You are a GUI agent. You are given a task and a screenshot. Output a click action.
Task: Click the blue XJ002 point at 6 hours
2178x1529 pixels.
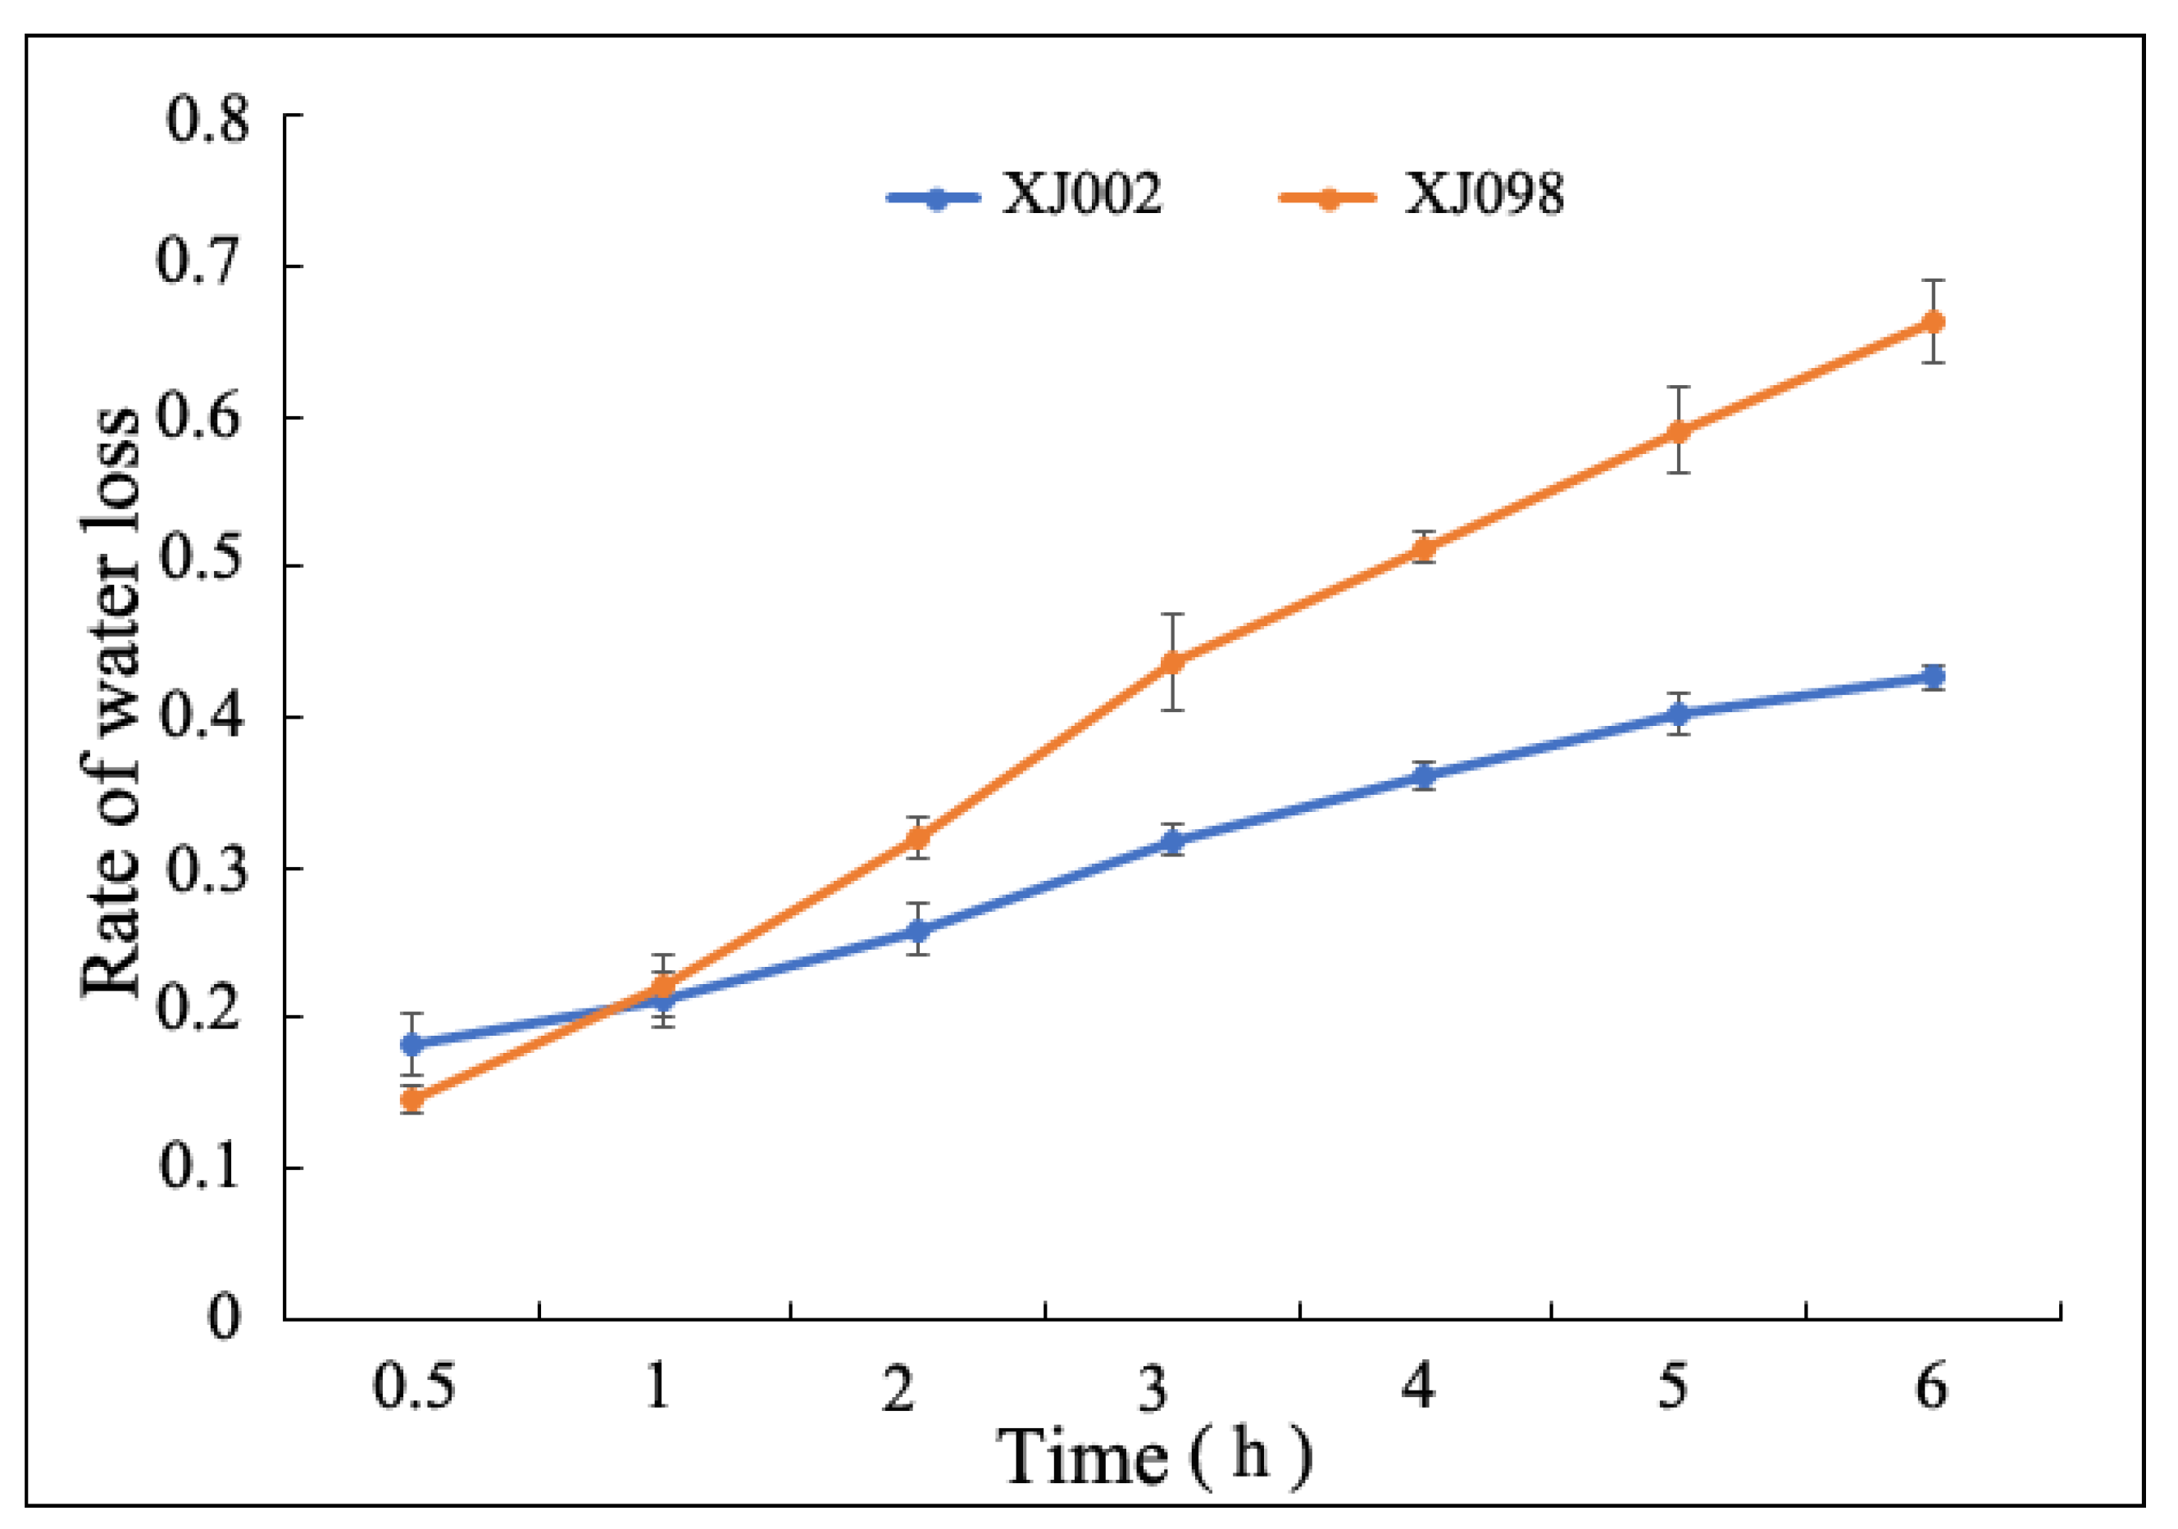(x=1932, y=676)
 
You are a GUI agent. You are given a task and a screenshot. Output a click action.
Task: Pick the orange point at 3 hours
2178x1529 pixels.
(x=1172, y=662)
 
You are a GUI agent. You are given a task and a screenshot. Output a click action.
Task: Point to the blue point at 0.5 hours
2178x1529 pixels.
(x=412, y=1044)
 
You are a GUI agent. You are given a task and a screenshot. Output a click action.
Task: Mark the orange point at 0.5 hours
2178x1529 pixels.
(x=412, y=1100)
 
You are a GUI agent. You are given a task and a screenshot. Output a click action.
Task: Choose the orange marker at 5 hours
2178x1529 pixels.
(x=1679, y=432)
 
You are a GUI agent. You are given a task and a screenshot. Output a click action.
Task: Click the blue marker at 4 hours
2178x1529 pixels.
(x=1424, y=776)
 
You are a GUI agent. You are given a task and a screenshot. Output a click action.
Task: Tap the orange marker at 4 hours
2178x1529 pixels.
(x=1424, y=548)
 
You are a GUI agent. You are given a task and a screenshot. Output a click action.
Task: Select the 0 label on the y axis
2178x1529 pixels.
(x=224, y=1317)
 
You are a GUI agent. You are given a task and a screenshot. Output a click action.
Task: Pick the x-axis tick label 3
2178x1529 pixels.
(x=1153, y=1386)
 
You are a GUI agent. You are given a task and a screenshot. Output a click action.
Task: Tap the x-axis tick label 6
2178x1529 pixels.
(x=1930, y=1386)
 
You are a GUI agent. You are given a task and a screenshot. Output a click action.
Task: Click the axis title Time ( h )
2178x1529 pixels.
(x=1153, y=1456)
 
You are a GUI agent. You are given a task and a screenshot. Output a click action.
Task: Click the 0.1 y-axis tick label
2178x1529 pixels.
(x=207, y=1167)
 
